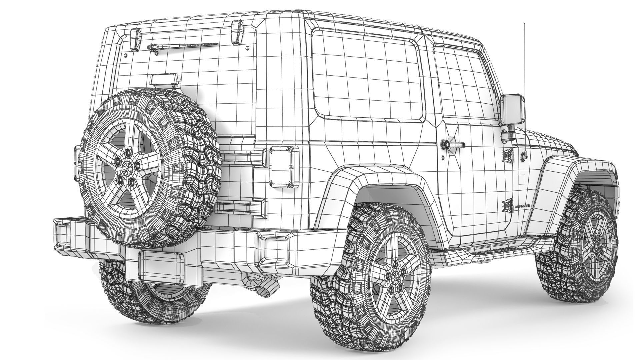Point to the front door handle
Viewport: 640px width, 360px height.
pos(453,145)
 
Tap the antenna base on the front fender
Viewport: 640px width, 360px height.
pos(524,155)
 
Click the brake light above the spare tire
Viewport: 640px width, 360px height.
pos(165,80)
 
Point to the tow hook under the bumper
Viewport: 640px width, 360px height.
pos(267,287)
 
